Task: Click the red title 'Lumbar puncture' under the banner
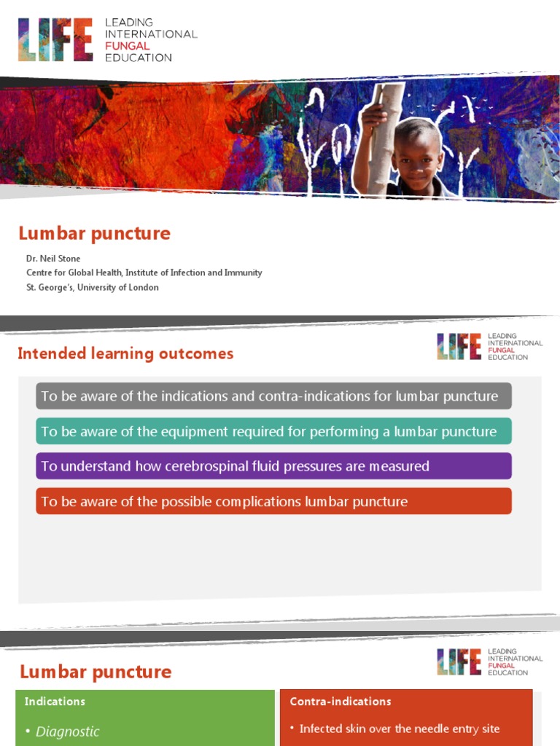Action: click(x=94, y=233)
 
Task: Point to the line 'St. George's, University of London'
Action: click(x=92, y=287)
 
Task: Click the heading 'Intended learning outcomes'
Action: click(x=125, y=353)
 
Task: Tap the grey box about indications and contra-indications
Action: click(x=273, y=396)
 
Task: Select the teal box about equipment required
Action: click(x=273, y=431)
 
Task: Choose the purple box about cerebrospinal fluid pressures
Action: click(x=273, y=466)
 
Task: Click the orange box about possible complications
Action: click(x=273, y=501)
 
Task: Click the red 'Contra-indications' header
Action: click(x=341, y=702)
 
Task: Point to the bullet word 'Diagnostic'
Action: click(x=68, y=731)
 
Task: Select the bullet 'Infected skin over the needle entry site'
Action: click(x=400, y=729)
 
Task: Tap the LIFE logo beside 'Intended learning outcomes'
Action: click(x=459, y=346)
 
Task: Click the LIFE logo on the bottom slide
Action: click(x=459, y=661)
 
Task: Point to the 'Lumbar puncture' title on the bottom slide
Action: click(x=96, y=672)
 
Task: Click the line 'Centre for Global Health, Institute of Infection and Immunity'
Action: click(x=144, y=272)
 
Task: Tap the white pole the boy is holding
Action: click(x=385, y=138)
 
